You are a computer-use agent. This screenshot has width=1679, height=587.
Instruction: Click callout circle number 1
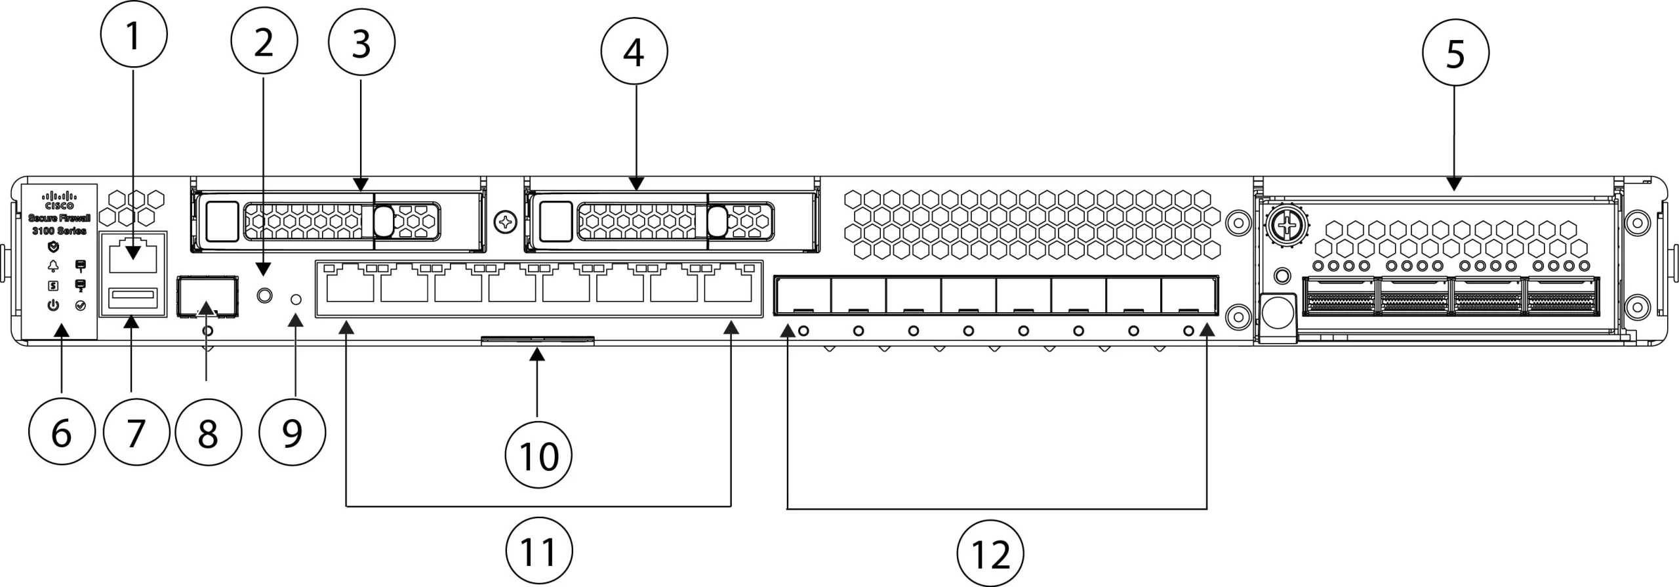[x=134, y=33]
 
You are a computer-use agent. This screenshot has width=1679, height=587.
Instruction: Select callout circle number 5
[x=1455, y=52]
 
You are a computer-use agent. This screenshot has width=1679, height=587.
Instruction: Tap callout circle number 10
[x=538, y=455]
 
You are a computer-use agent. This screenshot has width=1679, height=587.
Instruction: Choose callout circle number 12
[x=990, y=554]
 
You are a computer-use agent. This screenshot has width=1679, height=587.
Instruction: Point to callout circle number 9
[x=292, y=433]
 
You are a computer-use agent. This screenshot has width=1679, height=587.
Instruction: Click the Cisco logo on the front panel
[x=59, y=199]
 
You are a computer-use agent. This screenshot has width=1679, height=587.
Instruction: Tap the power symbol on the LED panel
[x=53, y=306]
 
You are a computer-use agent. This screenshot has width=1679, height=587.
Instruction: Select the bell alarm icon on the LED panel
[x=53, y=266]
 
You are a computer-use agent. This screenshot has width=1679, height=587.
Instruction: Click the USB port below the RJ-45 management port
[x=134, y=298]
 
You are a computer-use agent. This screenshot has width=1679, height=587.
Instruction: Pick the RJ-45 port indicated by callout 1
[x=133, y=257]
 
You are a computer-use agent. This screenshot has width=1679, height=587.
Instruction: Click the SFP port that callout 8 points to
[x=207, y=296]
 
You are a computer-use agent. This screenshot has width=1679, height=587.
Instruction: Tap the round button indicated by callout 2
[x=264, y=295]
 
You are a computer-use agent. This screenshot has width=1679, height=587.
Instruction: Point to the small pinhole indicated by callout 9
[x=296, y=300]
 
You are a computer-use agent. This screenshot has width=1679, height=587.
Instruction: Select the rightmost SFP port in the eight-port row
[x=1188, y=296]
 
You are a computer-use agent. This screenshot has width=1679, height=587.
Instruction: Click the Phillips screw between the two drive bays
[x=506, y=222]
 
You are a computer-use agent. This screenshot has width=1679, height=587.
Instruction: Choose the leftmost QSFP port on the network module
[x=1339, y=296]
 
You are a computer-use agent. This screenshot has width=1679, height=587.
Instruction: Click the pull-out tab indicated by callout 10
[x=537, y=340]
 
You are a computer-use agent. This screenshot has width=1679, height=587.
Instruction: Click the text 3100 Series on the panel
[x=59, y=231]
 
